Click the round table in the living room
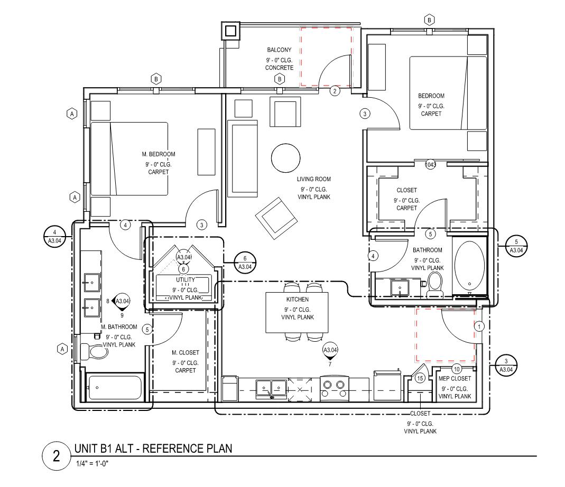pos(286,157)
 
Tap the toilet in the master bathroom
pos(95,351)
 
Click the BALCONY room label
pos(279,50)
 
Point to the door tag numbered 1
pos(479,326)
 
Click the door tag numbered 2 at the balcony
pos(335,91)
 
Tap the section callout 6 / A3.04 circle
pos(245,262)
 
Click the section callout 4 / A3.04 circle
pos(54,236)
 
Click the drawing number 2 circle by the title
pos(57,456)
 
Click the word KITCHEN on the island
pos(297,299)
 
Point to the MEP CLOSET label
pos(454,378)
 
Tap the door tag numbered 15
pos(420,378)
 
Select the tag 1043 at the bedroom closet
pos(431,165)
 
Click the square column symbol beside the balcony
pos(231,31)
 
